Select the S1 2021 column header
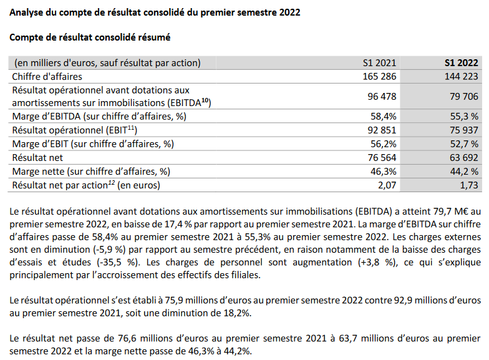point(379,62)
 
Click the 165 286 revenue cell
point(376,76)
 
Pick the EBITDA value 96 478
point(379,96)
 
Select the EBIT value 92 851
point(379,130)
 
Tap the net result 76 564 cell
point(379,157)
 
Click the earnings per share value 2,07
point(385,185)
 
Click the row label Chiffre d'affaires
point(48,76)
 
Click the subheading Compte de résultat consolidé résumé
point(90,37)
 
